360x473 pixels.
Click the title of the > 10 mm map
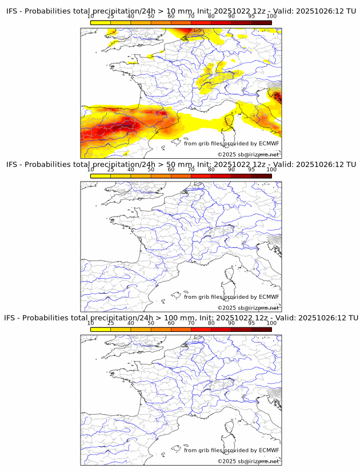(x=181, y=11)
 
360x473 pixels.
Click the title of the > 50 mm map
(x=181, y=165)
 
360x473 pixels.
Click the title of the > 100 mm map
(x=181, y=318)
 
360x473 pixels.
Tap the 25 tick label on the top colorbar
(x=111, y=16)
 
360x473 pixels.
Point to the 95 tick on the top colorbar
(x=251, y=16)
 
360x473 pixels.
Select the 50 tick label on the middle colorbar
(x=151, y=170)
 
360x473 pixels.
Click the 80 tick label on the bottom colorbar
(x=211, y=323)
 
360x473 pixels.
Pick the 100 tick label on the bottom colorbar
(x=271, y=323)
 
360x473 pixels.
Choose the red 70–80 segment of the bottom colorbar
(x=201, y=329)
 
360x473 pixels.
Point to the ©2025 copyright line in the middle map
(x=248, y=308)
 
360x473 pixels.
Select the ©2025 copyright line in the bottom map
(x=248, y=461)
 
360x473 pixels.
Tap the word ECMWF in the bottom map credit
(x=269, y=450)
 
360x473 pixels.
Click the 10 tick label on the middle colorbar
(x=91, y=170)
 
